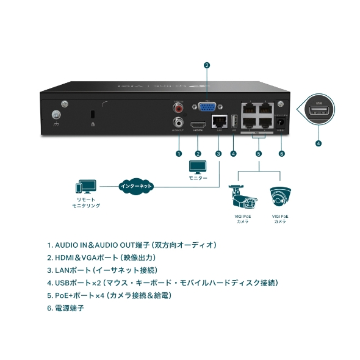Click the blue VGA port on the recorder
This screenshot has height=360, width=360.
[207, 107]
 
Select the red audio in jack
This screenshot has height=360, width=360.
[179, 107]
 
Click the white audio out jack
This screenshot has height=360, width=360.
[179, 121]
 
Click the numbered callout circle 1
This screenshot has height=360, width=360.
[179, 153]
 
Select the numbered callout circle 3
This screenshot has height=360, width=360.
[218, 153]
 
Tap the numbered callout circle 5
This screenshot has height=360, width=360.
[259, 153]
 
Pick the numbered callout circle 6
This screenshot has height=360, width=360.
[281, 153]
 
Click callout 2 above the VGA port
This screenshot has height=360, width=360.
[207, 65]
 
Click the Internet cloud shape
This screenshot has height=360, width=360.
[136, 185]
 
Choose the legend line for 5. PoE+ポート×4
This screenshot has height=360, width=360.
[109, 295]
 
